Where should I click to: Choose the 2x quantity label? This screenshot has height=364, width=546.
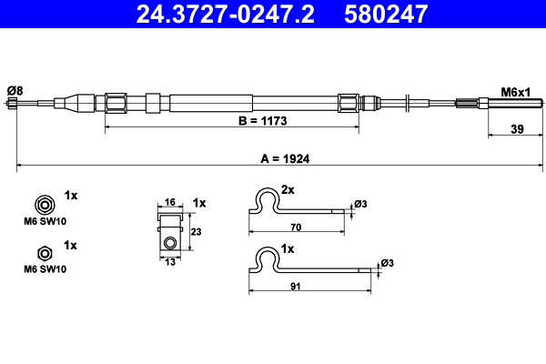pyautogui.click(x=288, y=190)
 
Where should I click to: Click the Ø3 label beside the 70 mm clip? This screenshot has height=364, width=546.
pyautogui.click(x=361, y=204)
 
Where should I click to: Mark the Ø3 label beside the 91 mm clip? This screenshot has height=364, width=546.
pyautogui.click(x=387, y=263)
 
